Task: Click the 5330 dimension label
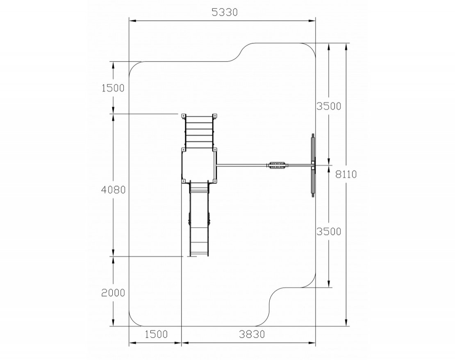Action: coord(225,12)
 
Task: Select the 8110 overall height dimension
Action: coord(346,174)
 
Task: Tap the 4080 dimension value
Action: coord(113,190)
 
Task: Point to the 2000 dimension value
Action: coord(113,293)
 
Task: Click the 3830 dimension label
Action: coord(252,334)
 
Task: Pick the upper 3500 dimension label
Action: coord(329,106)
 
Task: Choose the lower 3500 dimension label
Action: coord(329,231)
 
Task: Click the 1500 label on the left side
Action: coord(113,88)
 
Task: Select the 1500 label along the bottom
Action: coord(156,334)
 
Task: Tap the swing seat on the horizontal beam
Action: coord(277,165)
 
